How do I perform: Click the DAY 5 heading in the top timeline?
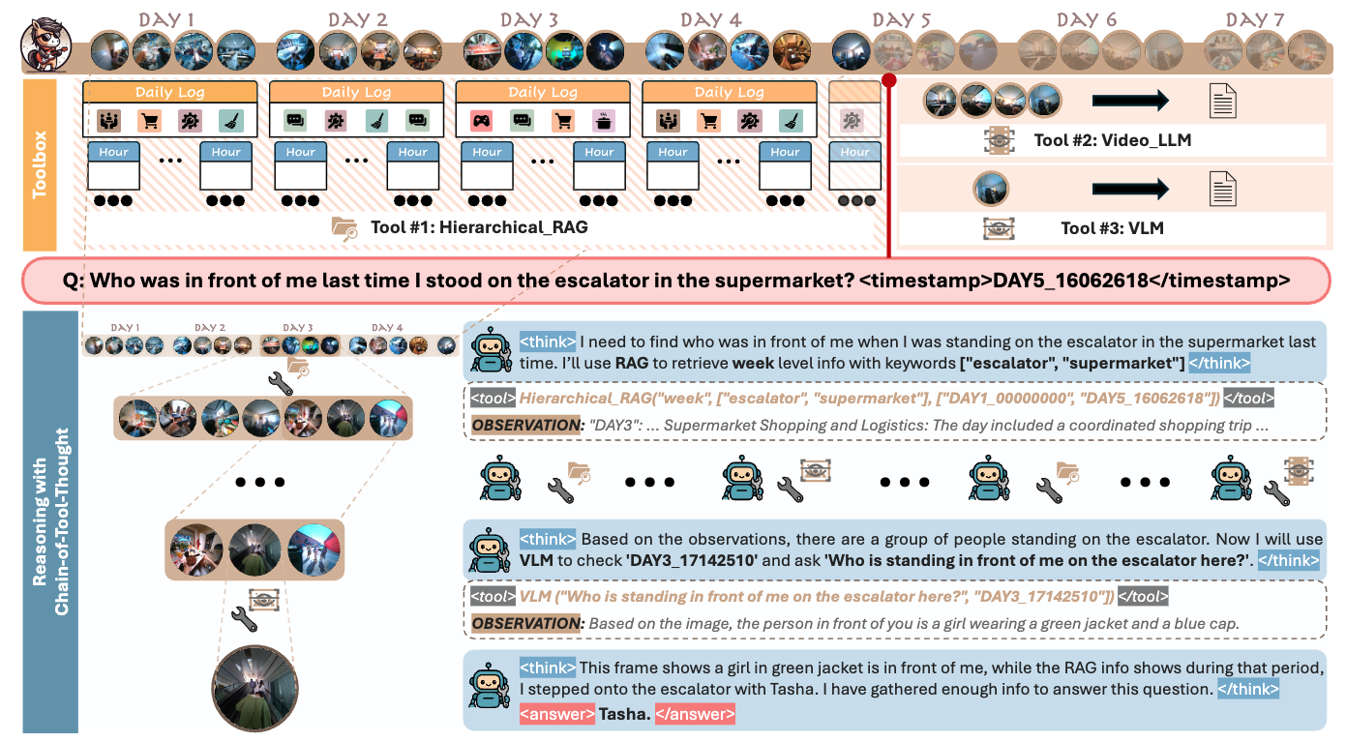(901, 19)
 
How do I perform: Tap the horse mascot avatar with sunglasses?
(45, 45)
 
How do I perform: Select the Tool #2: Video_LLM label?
(1112, 140)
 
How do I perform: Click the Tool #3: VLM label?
(1112, 228)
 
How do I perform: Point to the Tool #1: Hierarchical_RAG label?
(479, 227)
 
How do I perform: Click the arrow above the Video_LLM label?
(1129, 101)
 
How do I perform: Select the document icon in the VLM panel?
(1222, 189)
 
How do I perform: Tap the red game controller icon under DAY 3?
(481, 121)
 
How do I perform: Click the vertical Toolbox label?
(40, 164)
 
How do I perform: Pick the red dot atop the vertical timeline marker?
(889, 80)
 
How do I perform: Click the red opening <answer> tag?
(557, 714)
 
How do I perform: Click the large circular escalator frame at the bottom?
(254, 689)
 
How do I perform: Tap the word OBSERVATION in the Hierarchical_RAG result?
(526, 425)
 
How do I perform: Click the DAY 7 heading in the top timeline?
(1255, 19)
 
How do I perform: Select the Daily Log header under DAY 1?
(170, 92)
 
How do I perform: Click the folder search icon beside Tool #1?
(344, 229)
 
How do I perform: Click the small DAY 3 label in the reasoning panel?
(298, 327)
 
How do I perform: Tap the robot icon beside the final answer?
(490, 686)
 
